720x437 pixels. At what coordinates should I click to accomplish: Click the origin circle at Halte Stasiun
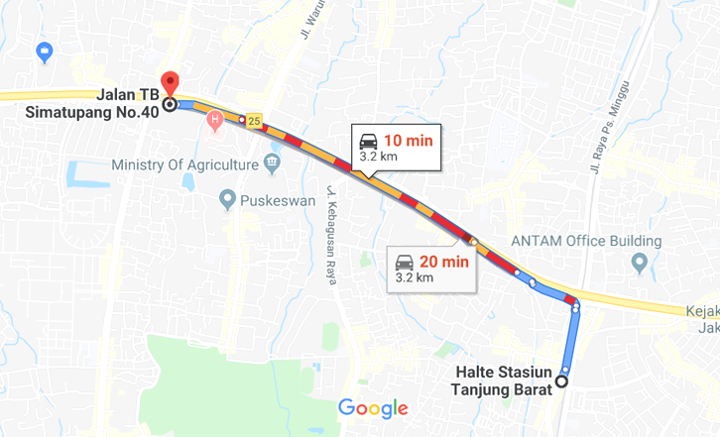[x=561, y=381]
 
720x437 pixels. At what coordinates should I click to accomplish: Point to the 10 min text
[x=409, y=141]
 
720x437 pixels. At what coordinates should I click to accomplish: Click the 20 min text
[x=443, y=262]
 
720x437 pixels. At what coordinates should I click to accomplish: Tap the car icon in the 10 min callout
[x=368, y=141]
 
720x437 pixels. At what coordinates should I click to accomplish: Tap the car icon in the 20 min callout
[x=404, y=263]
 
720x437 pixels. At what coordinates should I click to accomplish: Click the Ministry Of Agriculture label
[x=184, y=164]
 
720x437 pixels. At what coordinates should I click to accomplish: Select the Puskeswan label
[x=277, y=201]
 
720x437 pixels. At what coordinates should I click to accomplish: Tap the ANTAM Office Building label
[x=585, y=241]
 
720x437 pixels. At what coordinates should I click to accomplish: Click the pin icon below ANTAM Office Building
[x=639, y=263]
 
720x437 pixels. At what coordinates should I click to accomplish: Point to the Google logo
[x=373, y=407]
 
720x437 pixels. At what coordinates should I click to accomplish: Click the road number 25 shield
[x=255, y=121]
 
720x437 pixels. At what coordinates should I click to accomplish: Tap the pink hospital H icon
[x=214, y=121]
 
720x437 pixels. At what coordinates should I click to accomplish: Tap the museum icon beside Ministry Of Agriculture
[x=272, y=164]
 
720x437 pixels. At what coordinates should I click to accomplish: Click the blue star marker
[x=44, y=52]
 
